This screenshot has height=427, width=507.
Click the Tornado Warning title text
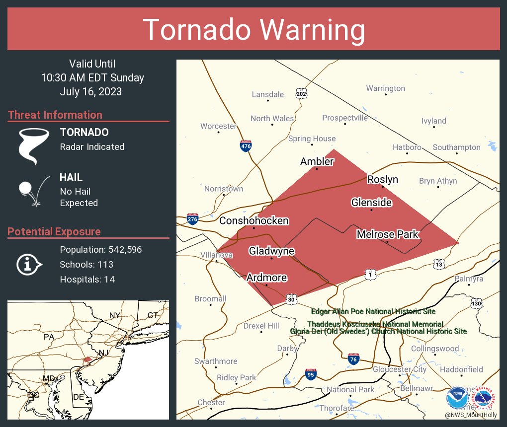253,30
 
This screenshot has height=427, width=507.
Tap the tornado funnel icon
34,145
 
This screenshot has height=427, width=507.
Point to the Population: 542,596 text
101,250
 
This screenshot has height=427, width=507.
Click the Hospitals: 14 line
87,280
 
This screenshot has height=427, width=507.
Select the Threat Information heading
55,115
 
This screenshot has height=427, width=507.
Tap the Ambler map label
317,161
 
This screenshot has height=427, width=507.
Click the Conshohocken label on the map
254,220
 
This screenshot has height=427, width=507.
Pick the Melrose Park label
388,234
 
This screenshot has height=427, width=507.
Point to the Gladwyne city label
271,251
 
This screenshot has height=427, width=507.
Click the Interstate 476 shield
246,145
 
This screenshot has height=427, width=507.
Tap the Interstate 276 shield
192,218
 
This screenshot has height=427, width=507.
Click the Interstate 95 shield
311,373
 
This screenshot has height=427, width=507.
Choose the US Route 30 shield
291,299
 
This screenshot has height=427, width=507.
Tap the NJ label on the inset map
103,353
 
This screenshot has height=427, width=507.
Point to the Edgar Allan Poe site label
373,312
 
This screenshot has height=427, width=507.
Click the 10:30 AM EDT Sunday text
92,78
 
